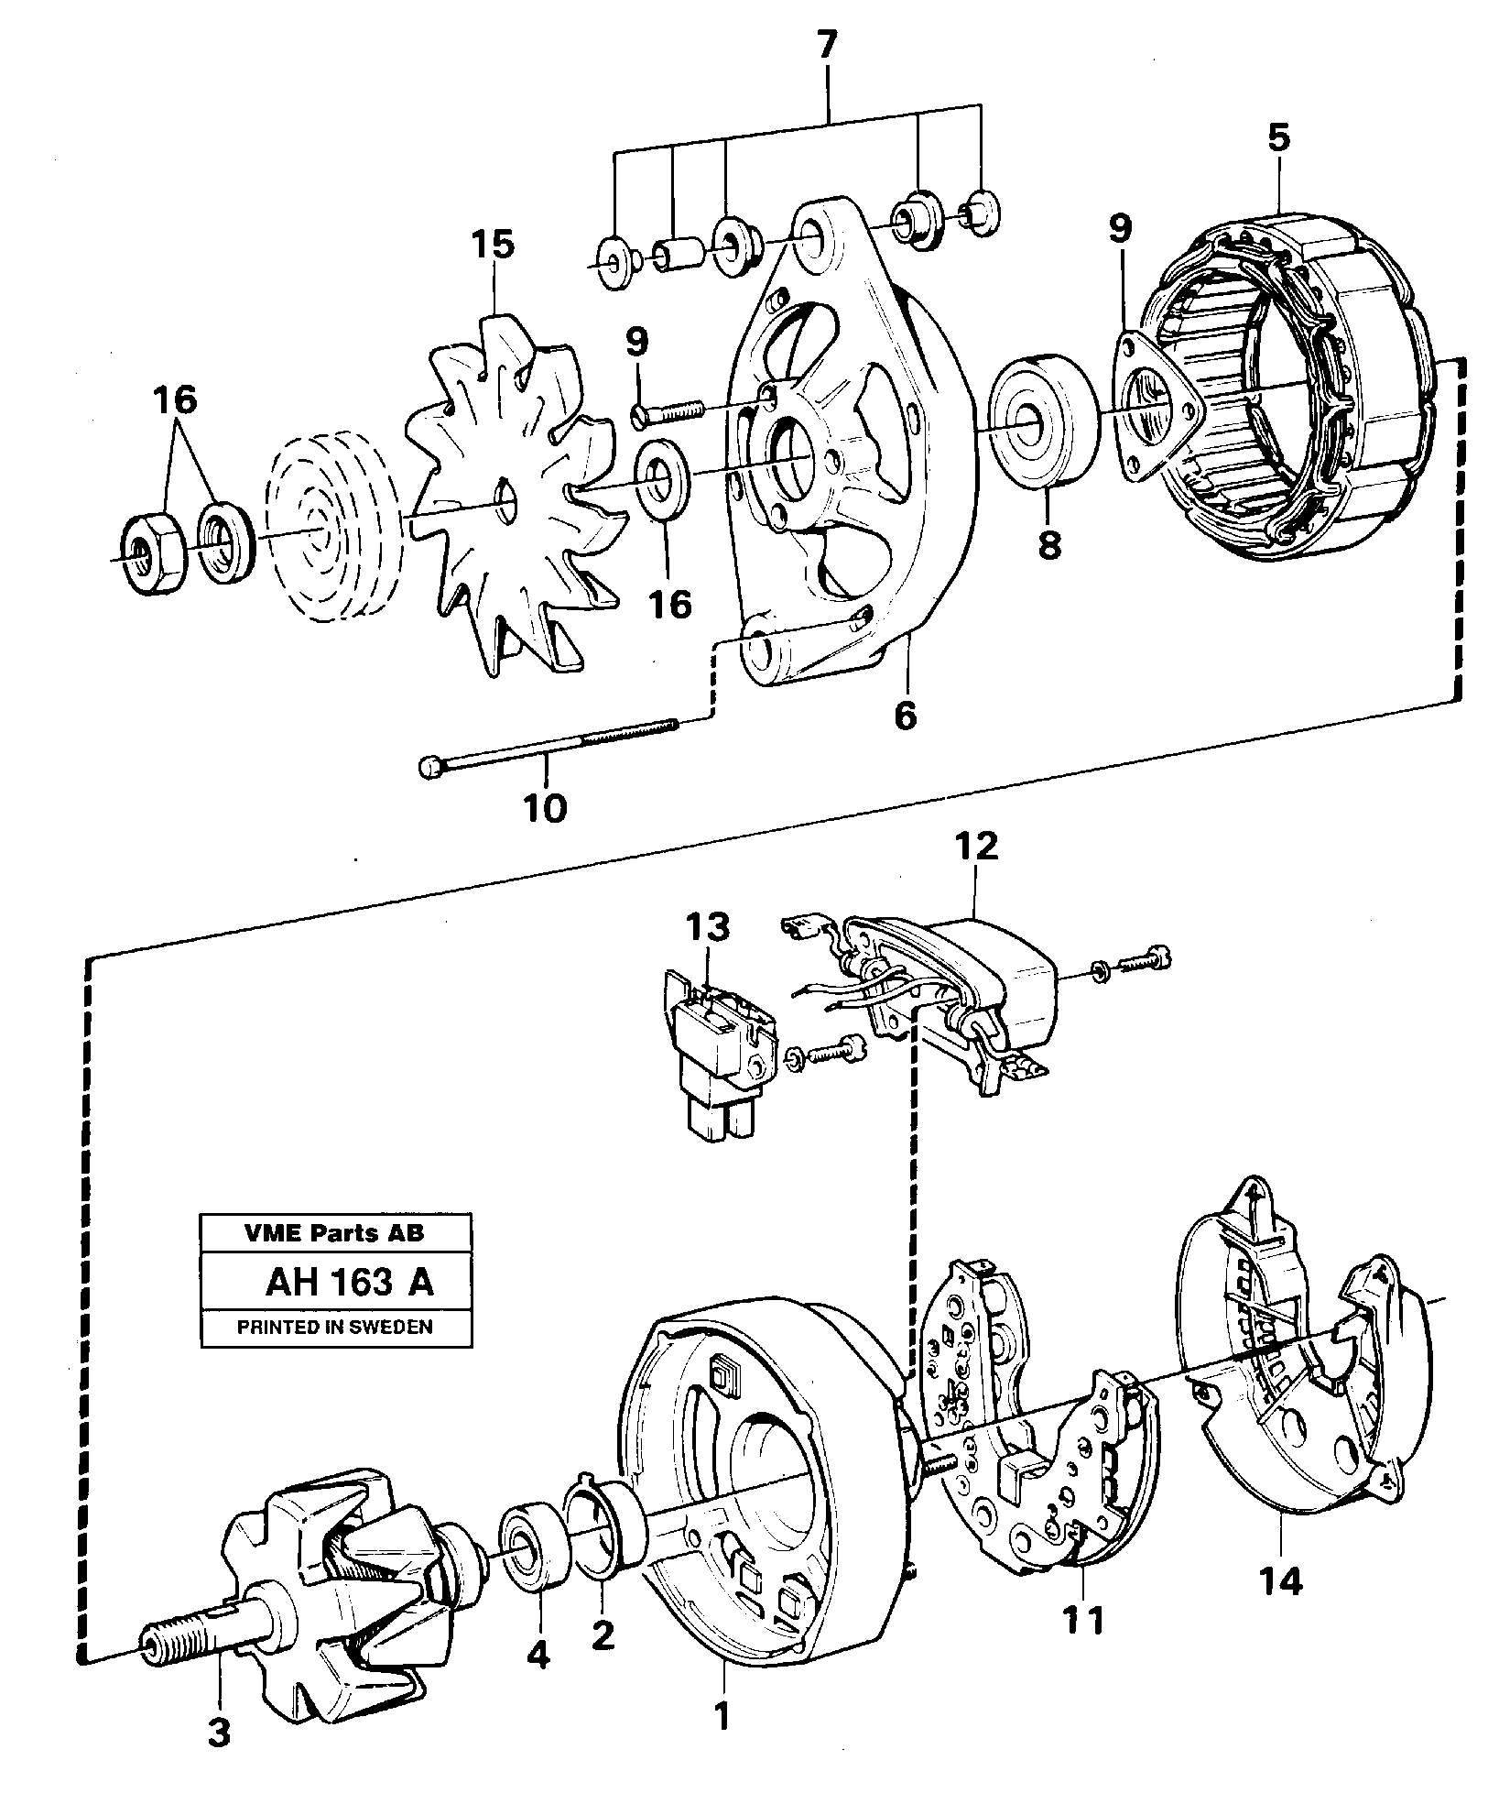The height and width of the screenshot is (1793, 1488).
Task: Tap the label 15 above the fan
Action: [494, 246]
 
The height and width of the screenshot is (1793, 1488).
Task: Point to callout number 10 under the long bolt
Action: [545, 808]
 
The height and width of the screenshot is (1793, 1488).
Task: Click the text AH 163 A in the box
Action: [349, 1283]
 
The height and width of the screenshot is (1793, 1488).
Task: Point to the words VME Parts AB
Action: [335, 1232]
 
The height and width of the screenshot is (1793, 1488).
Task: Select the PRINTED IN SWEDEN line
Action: [335, 1326]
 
